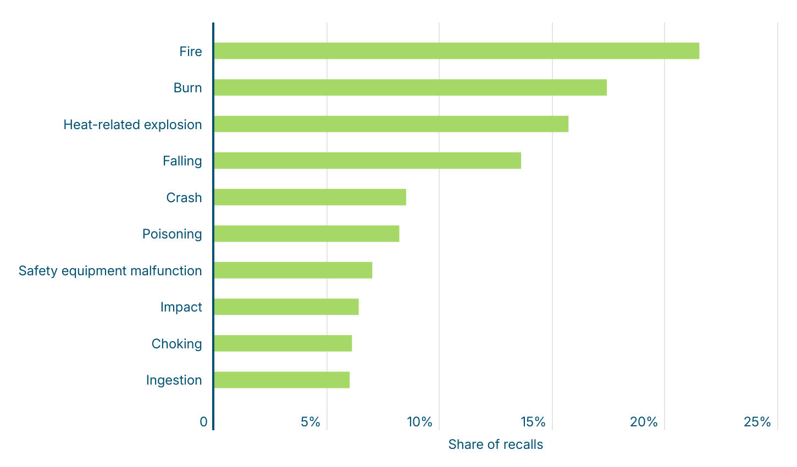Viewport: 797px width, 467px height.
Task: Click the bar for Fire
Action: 456,51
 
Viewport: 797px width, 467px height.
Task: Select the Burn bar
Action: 410,88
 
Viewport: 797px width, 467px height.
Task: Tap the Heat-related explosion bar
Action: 391,124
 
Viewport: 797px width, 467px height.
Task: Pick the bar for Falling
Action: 367,161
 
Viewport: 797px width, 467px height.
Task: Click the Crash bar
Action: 310,197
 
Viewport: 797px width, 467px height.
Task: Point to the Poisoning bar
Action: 306,234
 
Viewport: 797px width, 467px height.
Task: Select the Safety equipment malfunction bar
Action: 293,270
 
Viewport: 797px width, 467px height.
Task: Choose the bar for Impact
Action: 286,307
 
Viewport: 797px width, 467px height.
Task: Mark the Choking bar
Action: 283,343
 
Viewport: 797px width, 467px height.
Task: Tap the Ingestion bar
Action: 281,380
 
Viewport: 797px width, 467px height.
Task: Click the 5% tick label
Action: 311,422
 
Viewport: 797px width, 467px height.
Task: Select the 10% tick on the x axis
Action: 420,422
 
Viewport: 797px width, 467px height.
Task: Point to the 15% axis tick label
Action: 533,422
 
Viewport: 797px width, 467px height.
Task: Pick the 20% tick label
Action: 644,422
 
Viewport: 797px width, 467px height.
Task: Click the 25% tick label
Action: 757,422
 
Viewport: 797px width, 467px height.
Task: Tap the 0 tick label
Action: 204,422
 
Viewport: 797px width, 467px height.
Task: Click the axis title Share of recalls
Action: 495,444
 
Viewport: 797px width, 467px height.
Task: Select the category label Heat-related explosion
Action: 132,125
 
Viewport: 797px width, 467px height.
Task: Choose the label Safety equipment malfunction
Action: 110,271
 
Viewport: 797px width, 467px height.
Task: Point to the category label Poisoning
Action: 172,234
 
